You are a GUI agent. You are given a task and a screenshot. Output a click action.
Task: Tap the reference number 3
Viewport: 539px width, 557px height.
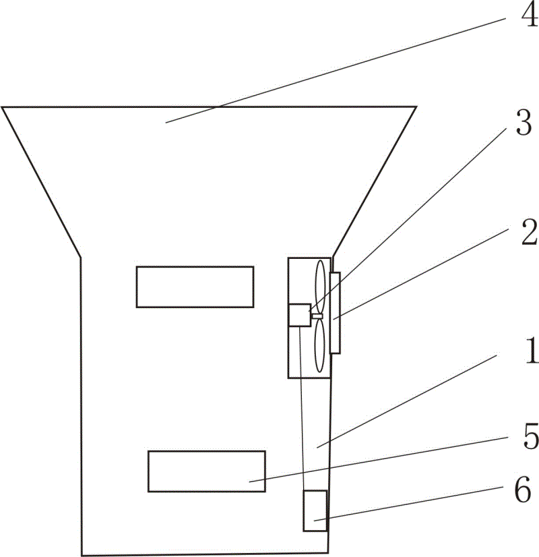click(x=524, y=123)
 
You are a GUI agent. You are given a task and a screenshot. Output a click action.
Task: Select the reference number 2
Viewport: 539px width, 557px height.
click(x=529, y=232)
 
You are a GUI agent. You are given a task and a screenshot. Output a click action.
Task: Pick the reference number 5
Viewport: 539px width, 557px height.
click(x=531, y=436)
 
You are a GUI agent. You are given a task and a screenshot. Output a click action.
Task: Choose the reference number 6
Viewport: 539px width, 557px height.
click(x=523, y=489)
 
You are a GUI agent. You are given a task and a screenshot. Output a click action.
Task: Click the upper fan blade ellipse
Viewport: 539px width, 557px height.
click(x=320, y=287)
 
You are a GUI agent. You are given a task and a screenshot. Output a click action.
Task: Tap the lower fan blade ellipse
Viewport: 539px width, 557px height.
click(x=319, y=345)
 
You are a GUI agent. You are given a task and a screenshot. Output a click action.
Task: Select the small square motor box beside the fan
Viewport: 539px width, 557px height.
click(x=300, y=315)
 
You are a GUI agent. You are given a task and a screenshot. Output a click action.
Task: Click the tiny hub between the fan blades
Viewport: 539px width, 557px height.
click(x=317, y=316)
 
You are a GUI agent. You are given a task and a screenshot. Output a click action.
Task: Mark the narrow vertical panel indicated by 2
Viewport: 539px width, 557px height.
click(x=335, y=313)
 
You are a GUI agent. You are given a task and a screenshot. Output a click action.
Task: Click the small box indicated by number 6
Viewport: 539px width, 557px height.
click(x=315, y=511)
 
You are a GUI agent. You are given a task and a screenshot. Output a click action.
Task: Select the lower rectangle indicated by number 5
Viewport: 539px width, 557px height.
click(x=207, y=471)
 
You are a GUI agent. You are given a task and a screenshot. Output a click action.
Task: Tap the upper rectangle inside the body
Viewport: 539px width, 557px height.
click(x=195, y=287)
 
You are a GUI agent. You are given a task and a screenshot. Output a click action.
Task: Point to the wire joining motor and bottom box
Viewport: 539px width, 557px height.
click(x=302, y=409)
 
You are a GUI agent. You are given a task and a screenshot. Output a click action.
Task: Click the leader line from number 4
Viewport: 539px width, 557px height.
click(x=336, y=70)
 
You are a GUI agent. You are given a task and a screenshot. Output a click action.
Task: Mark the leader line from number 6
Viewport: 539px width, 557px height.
click(x=408, y=504)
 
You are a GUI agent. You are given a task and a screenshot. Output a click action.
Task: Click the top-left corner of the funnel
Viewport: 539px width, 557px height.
click(x=2, y=107)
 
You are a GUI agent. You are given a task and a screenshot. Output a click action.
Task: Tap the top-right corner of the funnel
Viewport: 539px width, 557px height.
click(x=416, y=107)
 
